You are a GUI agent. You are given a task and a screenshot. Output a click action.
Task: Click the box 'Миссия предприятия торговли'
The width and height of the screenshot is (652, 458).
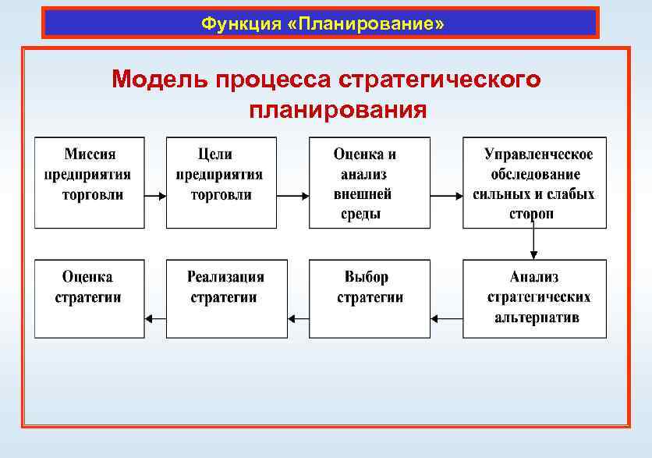point(89,183)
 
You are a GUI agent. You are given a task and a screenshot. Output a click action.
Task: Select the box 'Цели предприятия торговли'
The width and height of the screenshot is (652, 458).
point(221,183)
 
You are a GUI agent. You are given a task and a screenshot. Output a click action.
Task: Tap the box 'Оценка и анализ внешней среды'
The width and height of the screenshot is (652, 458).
point(369,183)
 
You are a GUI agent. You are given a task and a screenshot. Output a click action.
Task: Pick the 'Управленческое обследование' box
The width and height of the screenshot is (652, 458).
point(534,183)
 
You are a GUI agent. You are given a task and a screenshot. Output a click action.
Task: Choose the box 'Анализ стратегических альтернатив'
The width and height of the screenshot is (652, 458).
point(534,299)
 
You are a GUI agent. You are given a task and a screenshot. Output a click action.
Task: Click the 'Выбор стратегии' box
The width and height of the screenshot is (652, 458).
point(369,299)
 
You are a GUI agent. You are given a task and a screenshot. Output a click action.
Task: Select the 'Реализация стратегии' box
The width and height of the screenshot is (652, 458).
point(226,299)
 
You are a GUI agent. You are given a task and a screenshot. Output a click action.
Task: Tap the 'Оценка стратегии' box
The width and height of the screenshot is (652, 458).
point(89,299)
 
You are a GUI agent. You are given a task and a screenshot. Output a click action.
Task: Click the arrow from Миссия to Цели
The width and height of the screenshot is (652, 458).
point(155,195)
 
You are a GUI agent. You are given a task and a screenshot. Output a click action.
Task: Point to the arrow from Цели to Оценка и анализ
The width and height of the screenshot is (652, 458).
point(292,195)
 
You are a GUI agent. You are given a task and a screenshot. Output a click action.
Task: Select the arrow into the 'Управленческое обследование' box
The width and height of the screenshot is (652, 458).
point(446,195)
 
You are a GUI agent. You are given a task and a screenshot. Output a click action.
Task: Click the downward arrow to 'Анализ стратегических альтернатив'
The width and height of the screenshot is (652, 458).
point(533,243)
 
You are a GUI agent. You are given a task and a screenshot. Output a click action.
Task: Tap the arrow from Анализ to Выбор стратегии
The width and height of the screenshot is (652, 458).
point(446,318)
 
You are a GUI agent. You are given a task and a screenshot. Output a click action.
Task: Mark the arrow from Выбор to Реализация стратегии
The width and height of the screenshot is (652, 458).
point(298,318)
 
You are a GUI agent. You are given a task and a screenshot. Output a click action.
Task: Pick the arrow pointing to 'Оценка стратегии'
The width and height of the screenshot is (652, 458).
point(155,318)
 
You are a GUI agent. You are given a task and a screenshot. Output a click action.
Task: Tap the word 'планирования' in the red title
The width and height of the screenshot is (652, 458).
point(338,108)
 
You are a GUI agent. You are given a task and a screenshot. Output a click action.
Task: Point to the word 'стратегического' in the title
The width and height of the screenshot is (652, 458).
point(440,80)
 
